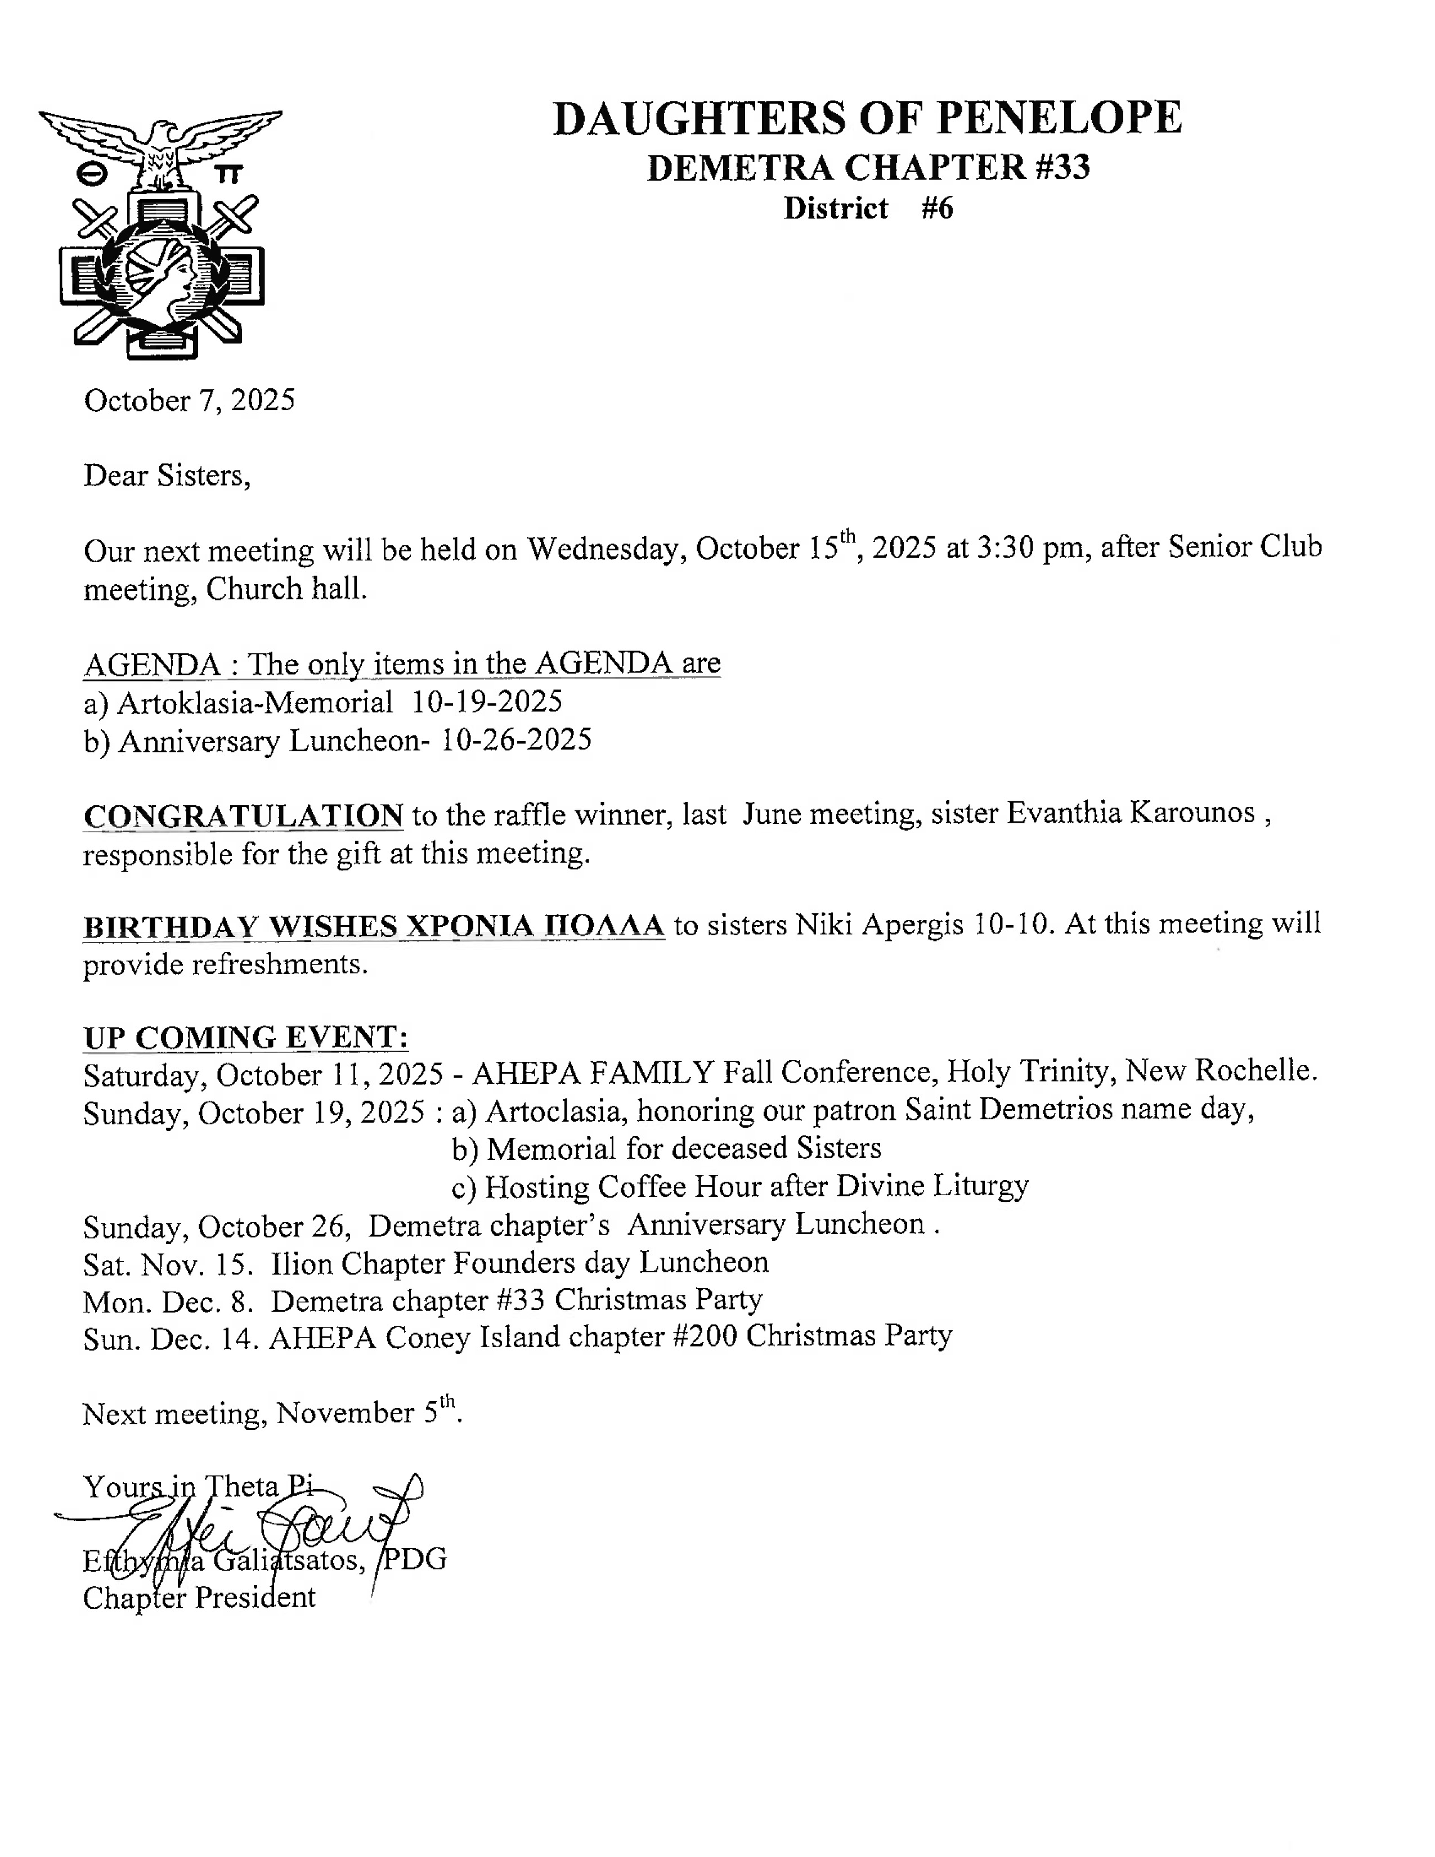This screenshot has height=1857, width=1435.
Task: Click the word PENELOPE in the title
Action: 1059,118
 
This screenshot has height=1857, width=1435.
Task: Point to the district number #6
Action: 937,208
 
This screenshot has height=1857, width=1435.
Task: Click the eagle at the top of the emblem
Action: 160,145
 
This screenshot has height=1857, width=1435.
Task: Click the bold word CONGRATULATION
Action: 243,815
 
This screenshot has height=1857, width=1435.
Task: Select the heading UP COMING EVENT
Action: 246,1037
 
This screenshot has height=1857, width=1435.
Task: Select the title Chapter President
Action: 199,1598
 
